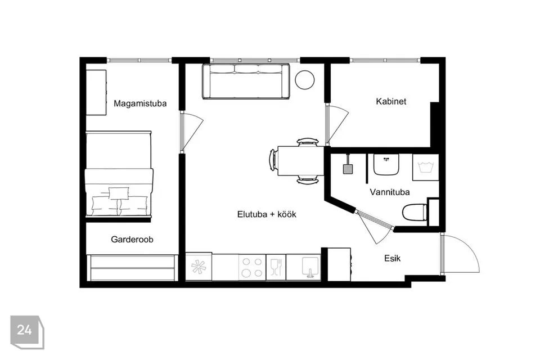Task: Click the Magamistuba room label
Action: pos(140,103)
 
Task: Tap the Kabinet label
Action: pos(391,101)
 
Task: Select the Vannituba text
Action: pos(389,192)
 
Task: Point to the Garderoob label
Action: pos(132,239)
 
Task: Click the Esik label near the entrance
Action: pos(392,258)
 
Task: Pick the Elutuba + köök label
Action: pos(267,214)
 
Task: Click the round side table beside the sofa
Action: pos(305,80)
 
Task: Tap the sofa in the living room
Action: pos(246,82)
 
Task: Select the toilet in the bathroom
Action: pos(415,212)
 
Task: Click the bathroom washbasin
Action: pos(386,164)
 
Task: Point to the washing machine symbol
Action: pos(425,167)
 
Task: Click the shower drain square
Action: pos(348,169)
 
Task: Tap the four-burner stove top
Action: pos(252,267)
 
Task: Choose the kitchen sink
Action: pos(310,267)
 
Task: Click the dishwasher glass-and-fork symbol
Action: pos(276,267)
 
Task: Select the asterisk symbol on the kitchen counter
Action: pos(199,267)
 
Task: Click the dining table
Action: pos(300,161)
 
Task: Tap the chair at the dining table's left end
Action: pos(273,160)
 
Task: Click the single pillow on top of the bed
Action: pos(119,193)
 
